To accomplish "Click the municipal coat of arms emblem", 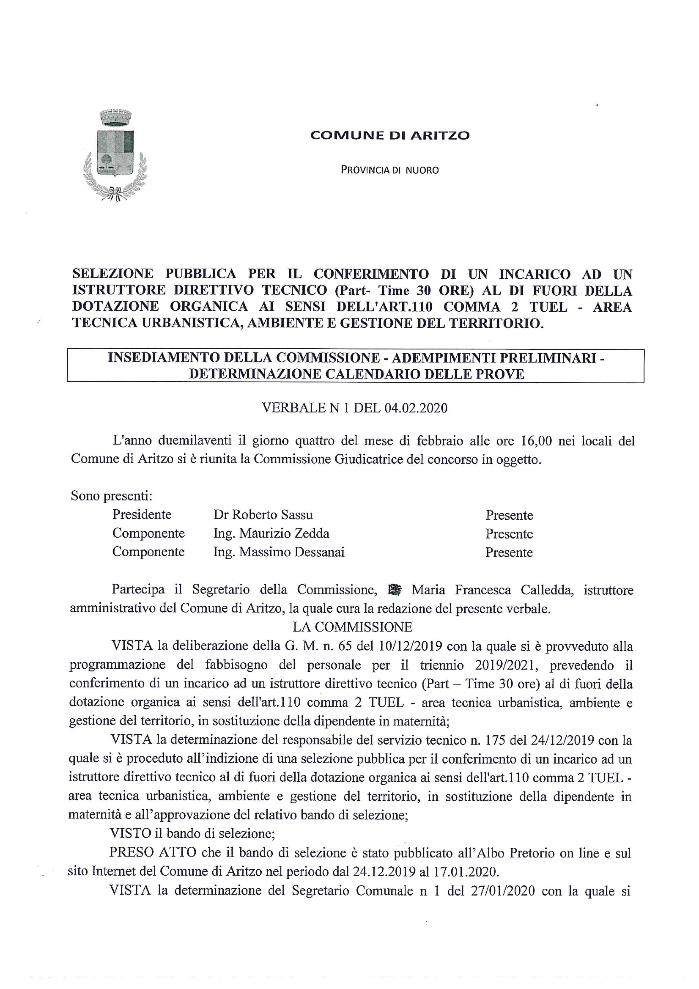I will point(115,155).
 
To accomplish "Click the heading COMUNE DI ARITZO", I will point(389,135).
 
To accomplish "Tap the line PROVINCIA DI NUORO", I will point(389,170).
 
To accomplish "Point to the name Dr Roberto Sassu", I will point(263,515).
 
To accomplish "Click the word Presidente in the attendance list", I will point(142,514).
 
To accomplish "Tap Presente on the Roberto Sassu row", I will point(509,515).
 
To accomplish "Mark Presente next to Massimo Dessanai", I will point(509,552).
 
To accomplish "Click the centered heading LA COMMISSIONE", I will point(352,627).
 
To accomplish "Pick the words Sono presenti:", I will point(112,496).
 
